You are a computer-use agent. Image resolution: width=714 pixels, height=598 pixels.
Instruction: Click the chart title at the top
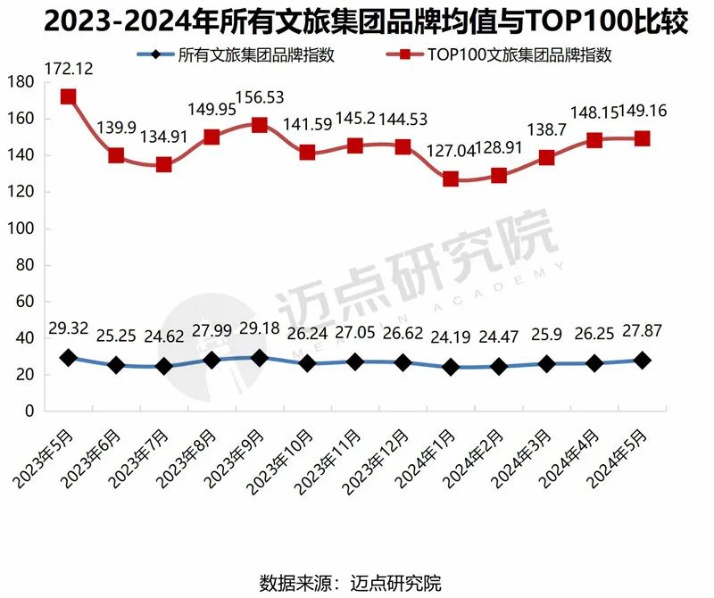pos(357,21)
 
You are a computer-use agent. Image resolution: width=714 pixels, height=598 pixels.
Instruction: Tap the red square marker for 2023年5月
pos(68,96)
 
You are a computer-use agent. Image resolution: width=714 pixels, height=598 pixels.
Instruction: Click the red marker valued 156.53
pos(259,125)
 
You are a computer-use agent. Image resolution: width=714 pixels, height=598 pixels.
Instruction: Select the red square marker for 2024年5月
pos(642,138)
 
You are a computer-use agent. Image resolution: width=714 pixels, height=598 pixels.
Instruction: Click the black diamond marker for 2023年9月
pos(259,358)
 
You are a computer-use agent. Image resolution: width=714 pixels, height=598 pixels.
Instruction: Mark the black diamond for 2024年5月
pos(642,360)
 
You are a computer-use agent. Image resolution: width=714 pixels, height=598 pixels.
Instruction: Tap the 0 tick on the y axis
pos(29,411)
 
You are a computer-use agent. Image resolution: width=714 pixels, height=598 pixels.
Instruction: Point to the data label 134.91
pos(163,137)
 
